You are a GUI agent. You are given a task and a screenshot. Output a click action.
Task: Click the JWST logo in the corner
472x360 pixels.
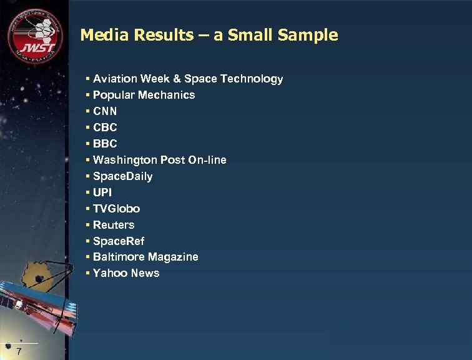point(35,36)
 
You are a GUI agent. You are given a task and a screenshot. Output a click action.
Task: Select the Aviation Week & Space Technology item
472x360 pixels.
point(187,79)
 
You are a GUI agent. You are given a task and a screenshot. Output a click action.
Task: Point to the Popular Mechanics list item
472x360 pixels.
point(144,95)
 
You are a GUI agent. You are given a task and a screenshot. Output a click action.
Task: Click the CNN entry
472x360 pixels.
point(105,111)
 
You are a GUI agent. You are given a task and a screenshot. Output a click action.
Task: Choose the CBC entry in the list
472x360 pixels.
point(105,127)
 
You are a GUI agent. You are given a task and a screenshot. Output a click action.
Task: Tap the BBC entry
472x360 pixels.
point(105,144)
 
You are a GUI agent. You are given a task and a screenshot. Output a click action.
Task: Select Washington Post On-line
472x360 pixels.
point(159,160)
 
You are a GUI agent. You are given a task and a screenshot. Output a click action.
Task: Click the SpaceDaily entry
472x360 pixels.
point(122,176)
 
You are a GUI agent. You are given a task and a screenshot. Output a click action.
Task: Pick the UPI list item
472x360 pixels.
point(102,192)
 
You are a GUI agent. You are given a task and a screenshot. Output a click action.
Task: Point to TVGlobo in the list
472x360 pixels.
point(116,209)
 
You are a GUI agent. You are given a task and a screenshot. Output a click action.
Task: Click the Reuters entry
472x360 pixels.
point(114,225)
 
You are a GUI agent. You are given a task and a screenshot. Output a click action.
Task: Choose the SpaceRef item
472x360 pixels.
point(119,241)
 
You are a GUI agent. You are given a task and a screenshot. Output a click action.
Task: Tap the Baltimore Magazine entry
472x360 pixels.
point(145,257)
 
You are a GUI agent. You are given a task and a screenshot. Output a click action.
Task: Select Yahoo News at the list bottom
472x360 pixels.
point(126,273)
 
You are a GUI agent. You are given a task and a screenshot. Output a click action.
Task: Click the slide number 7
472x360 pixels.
point(19,352)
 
